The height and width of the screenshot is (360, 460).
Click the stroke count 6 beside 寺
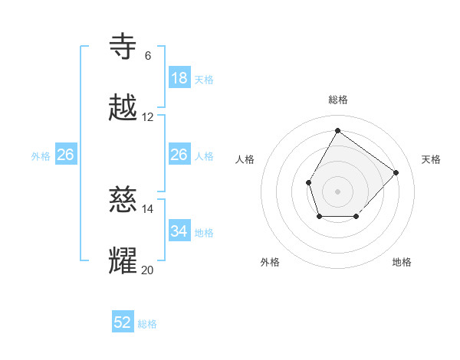pos(147,56)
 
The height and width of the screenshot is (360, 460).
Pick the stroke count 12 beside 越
pos(147,117)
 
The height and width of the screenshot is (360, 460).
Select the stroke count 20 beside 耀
pos(147,270)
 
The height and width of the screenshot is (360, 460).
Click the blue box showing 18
pos(179,77)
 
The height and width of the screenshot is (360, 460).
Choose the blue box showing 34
pos(179,231)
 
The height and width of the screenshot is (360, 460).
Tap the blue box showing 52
pos(123,322)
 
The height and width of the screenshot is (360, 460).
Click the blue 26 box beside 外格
pos(65,155)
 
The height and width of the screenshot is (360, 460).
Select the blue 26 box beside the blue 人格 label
pos(179,155)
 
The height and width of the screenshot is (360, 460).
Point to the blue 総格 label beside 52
pos(147,324)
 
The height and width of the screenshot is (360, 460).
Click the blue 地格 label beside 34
pos(204,233)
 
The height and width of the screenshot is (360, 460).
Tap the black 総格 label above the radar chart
pos(337,100)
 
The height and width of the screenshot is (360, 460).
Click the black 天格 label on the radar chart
pos(432,159)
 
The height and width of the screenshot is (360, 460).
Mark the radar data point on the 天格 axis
pos(396,172)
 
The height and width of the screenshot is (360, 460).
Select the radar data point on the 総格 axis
pos(337,130)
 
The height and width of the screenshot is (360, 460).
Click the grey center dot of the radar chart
pos(337,191)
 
